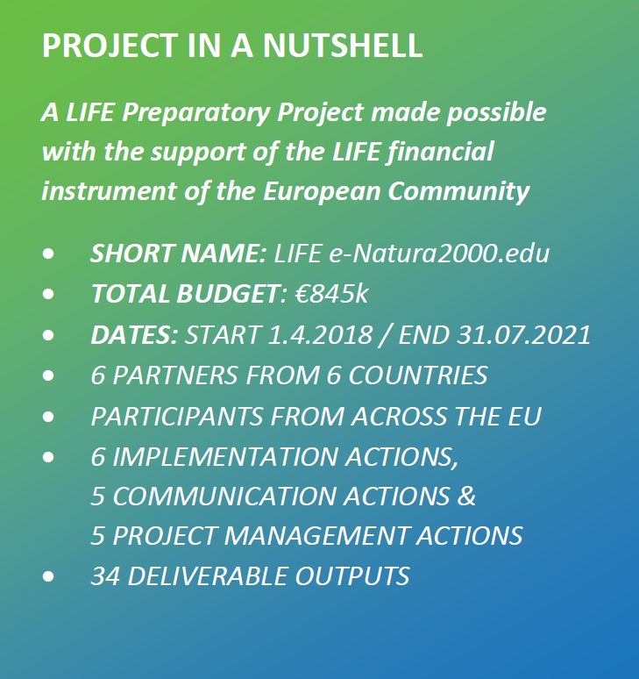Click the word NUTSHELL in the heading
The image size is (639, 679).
[342, 45]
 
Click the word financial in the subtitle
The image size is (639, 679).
[440, 152]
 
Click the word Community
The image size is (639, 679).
[458, 192]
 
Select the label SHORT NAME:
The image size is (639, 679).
[178, 253]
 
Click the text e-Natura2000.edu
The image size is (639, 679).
[439, 254]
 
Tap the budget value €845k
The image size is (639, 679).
[331, 293]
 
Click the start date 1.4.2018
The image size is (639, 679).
[320, 334]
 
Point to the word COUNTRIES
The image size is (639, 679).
[418, 375]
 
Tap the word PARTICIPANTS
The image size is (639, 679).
[177, 416]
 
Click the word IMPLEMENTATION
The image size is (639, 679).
[225, 456]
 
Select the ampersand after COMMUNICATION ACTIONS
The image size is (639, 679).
[466, 496]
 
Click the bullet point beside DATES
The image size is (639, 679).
[48, 335]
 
